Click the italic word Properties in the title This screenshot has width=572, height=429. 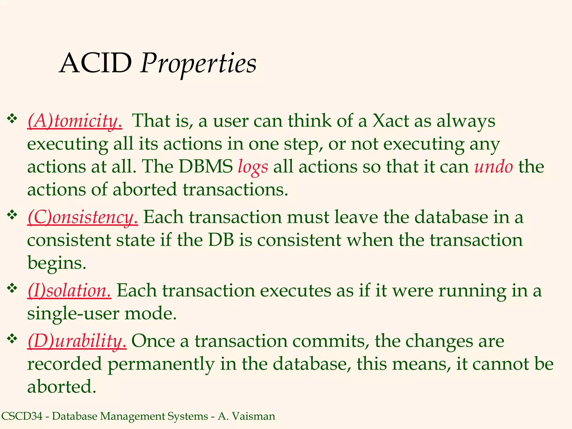(x=198, y=64)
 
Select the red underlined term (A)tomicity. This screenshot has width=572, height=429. (x=75, y=121)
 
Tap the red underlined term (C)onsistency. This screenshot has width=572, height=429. (x=83, y=217)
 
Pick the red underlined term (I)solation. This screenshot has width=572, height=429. (x=69, y=291)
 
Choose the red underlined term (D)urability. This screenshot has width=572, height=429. (x=77, y=341)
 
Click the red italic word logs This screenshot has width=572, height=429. (x=253, y=167)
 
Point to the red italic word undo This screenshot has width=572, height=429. (x=494, y=167)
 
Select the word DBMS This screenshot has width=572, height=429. (x=206, y=167)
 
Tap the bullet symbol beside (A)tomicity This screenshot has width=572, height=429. (x=12, y=119)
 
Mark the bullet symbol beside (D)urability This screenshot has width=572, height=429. (x=12, y=339)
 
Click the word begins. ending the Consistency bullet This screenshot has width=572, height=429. (x=57, y=263)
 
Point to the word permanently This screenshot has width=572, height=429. (x=161, y=364)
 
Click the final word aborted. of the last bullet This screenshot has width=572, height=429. (x=61, y=387)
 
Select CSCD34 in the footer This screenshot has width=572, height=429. (x=22, y=416)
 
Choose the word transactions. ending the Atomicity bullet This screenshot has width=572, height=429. (x=235, y=190)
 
